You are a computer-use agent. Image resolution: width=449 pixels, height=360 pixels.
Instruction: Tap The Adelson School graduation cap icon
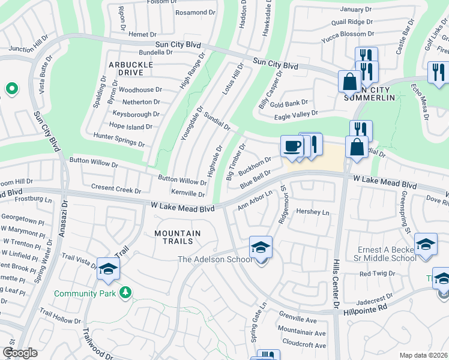(x=261, y=247)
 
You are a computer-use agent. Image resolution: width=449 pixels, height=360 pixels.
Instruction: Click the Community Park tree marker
(x=125, y=292)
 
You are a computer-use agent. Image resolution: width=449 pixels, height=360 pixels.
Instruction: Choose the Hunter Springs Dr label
(x=119, y=140)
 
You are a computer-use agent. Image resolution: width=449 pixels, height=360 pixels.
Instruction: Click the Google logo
(x=19, y=353)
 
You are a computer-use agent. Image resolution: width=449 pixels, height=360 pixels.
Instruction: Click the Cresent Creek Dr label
(x=116, y=188)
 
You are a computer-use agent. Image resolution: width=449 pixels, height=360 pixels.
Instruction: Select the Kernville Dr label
(x=188, y=193)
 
